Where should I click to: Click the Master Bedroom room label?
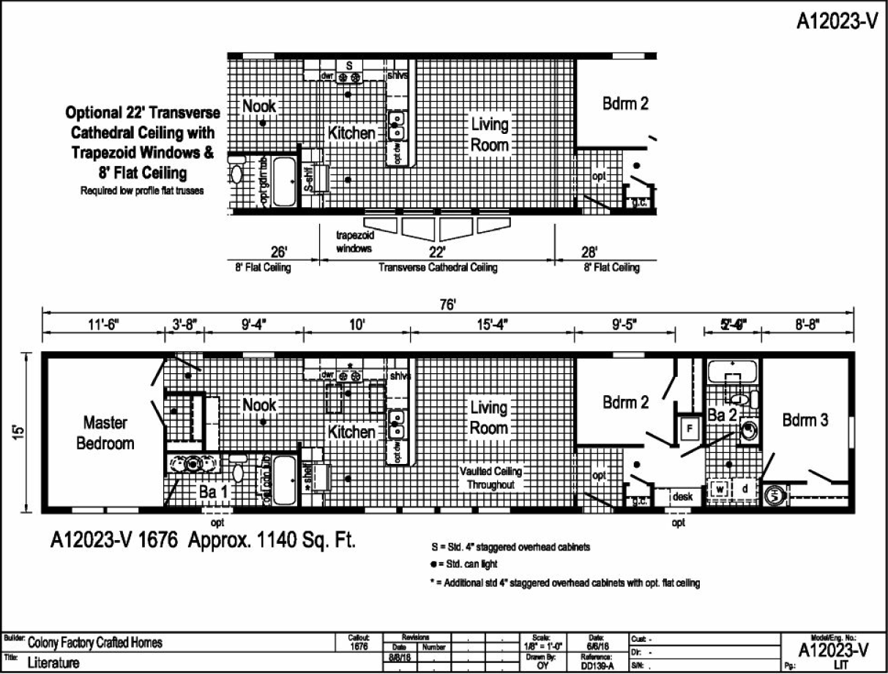[105, 433]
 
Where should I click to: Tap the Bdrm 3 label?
[805, 421]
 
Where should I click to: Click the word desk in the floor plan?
[682, 496]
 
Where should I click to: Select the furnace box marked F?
[688, 428]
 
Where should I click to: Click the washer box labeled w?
[720, 488]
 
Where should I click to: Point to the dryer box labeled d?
[745, 488]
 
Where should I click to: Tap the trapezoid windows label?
[354, 242]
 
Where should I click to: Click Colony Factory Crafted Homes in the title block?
[95, 643]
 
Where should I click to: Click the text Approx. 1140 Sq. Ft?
[272, 542]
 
